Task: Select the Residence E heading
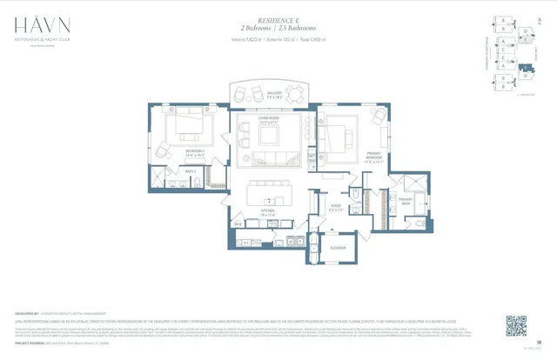tap(278, 17)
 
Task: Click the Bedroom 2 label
tap(194, 152)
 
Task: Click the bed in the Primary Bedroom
tap(335, 134)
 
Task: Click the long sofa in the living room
tap(268, 158)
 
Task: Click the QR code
tap(516, 326)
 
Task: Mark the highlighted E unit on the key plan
tap(524, 66)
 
